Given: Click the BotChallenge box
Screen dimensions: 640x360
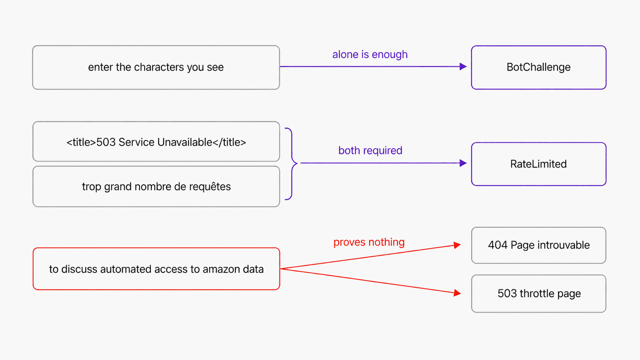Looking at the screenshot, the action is (539, 67).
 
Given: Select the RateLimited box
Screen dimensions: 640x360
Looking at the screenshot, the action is (539, 164).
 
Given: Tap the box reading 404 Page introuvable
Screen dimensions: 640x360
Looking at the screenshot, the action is (539, 245).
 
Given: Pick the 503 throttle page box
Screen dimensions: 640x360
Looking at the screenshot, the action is (539, 293).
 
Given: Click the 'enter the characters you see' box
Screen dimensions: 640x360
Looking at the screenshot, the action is (156, 67).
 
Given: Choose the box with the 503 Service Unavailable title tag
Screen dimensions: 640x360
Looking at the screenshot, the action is (156, 142).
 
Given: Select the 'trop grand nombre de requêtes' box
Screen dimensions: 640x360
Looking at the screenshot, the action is (156, 186).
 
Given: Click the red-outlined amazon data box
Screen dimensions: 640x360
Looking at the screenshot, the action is (156, 269).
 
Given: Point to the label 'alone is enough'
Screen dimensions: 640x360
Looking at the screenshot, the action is (370, 54).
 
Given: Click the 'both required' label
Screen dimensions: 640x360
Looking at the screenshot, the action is (370, 150).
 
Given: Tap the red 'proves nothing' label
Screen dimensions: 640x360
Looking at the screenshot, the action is (369, 242).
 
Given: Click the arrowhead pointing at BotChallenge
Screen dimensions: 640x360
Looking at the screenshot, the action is (463, 67).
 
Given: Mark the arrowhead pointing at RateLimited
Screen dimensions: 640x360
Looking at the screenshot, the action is (463, 163).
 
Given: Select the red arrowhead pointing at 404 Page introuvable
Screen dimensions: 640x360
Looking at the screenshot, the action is (457, 245).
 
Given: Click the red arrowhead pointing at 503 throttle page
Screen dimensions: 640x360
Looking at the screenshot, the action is (457, 293).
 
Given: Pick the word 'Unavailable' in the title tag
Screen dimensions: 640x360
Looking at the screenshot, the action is (184, 142).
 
